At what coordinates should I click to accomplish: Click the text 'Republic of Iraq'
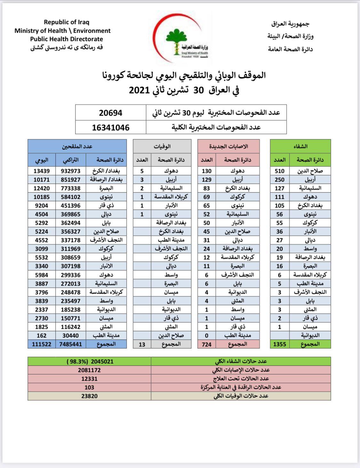[x=67, y=22]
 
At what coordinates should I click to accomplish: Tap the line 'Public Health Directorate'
[x=67, y=39]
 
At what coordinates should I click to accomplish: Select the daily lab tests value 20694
[x=111, y=113]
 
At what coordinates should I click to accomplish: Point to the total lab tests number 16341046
[x=111, y=127]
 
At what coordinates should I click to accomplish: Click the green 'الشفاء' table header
[x=300, y=146]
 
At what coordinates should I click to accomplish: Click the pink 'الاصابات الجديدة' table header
[x=228, y=146]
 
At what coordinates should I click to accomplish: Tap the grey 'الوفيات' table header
[x=162, y=146]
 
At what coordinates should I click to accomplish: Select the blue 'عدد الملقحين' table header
[x=77, y=146]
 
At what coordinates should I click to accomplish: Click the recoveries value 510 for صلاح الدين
[x=280, y=171]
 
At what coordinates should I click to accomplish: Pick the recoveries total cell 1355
[x=280, y=344]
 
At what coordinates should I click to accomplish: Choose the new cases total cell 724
[x=207, y=344]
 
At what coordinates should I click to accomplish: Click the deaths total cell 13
[x=142, y=344]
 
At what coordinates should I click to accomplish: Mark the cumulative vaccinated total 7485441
[x=71, y=344]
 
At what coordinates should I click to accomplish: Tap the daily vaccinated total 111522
[x=42, y=344]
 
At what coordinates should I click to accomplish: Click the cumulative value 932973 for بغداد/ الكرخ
[x=71, y=171]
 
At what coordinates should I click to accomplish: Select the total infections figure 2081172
[x=89, y=370]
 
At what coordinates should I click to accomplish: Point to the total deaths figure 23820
[x=89, y=396]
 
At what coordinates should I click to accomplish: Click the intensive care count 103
[x=89, y=387]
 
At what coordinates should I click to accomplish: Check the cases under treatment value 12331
[x=89, y=379]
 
